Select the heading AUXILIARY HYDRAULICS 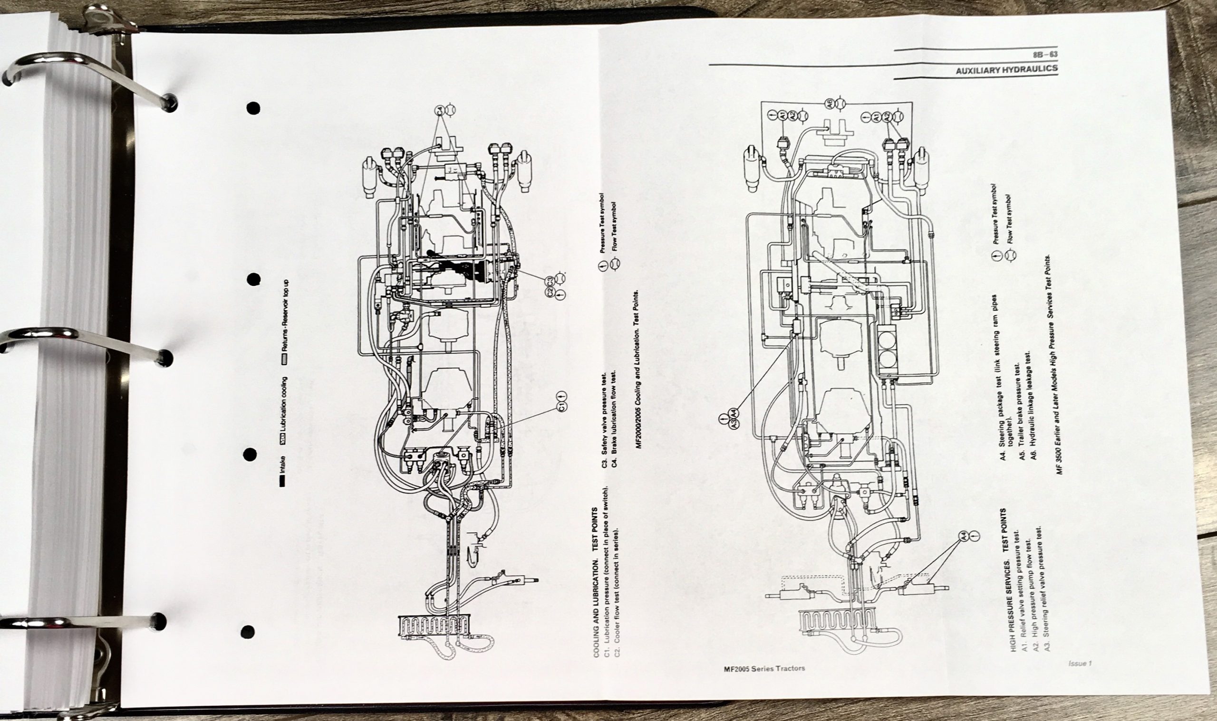tap(1006, 69)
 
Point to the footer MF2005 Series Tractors tap(763, 669)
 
